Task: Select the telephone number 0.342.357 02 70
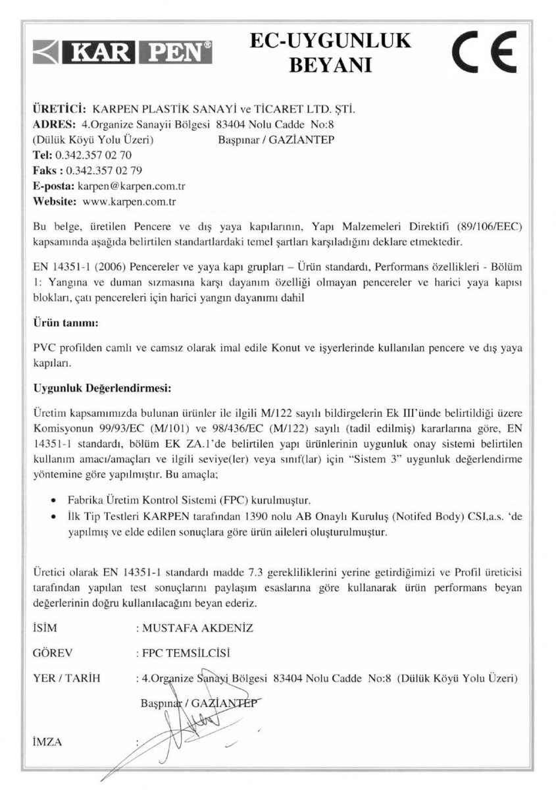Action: [93, 156]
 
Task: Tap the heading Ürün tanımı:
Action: [66, 324]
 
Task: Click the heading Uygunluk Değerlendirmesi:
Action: [101, 388]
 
